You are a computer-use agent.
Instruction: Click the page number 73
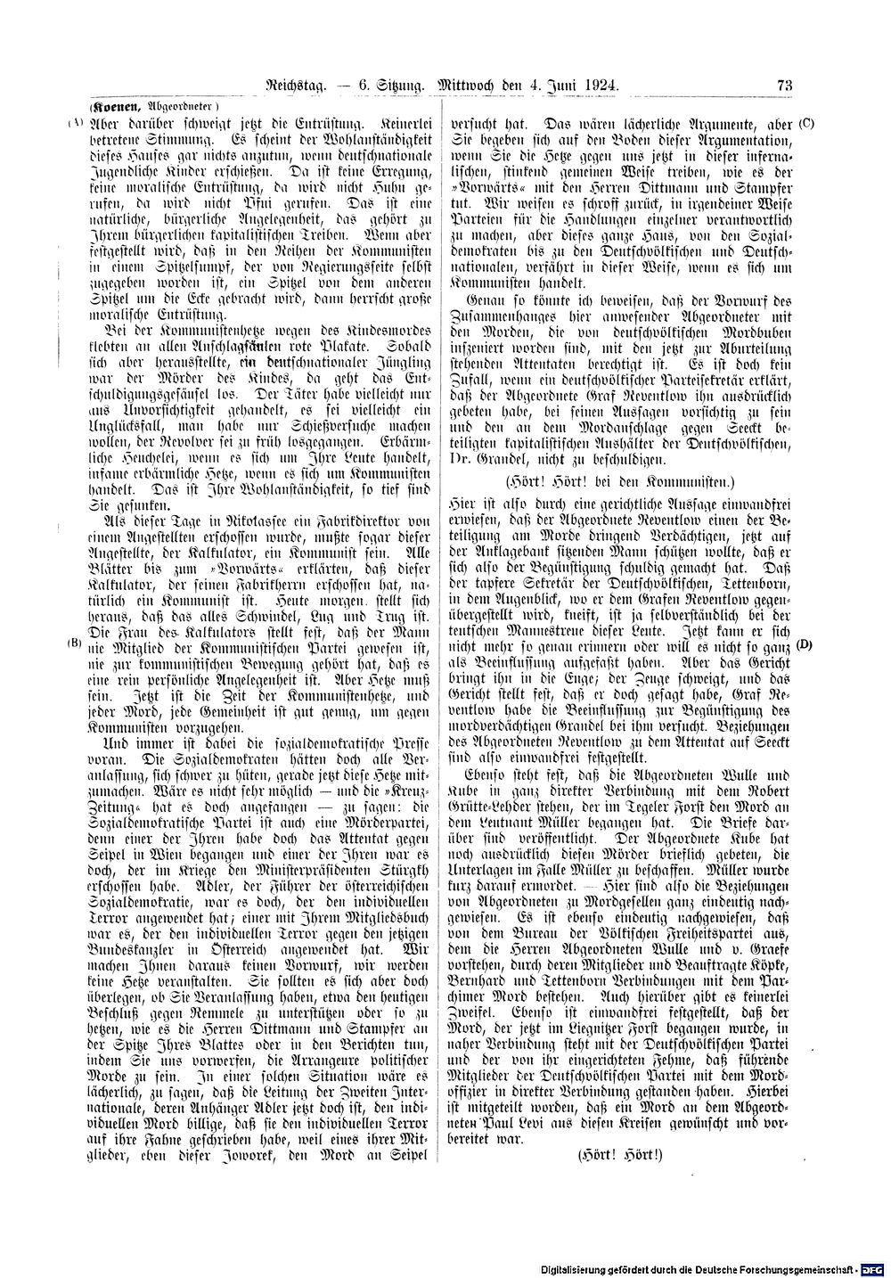(x=785, y=86)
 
